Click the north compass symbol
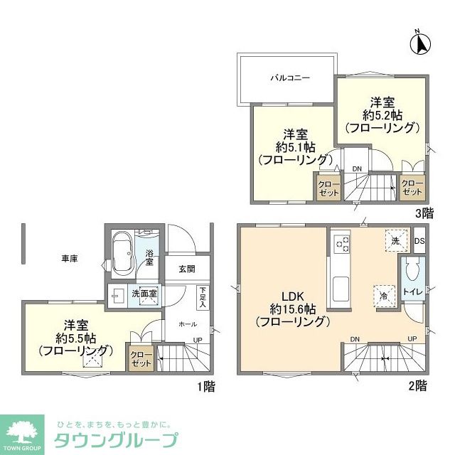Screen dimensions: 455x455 point(420,43)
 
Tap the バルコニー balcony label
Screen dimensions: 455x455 point(290,77)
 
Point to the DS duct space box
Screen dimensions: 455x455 point(419,240)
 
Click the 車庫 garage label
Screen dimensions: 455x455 point(70,258)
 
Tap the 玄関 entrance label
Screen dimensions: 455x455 point(187,269)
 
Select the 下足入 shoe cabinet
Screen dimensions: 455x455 point(203,298)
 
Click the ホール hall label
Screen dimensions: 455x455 point(188,324)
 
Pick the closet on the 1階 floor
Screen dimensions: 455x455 point(141,359)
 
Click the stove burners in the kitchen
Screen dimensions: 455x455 point(342,244)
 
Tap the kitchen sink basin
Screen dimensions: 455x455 point(341,289)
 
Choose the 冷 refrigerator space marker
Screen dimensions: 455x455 point(384,296)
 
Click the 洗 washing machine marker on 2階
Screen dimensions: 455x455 point(396,240)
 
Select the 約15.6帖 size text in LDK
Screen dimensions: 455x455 point(293,309)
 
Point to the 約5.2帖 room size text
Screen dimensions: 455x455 point(382,115)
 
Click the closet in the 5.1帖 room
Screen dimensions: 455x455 point(328,188)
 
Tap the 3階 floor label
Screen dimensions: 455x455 point(424,214)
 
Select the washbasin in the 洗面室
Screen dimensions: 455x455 point(118,296)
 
